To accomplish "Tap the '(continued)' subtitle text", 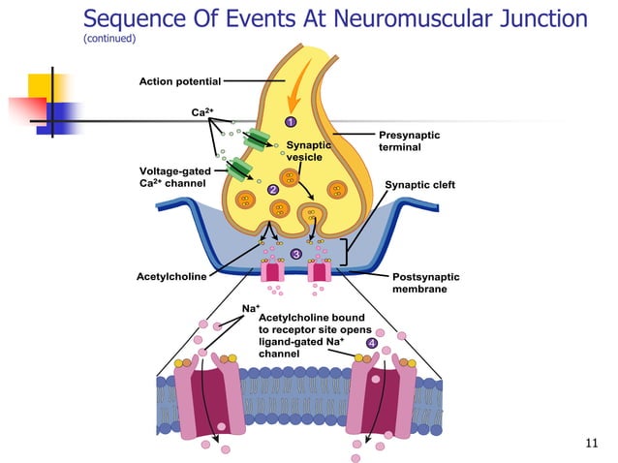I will [x=109, y=40].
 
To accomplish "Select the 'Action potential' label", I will [x=181, y=80].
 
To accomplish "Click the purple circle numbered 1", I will [x=289, y=122].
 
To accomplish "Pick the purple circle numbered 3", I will [x=295, y=254].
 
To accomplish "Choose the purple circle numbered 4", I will [x=371, y=343].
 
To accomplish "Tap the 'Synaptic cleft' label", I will [x=419, y=184].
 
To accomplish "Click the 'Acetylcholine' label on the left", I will [x=173, y=276].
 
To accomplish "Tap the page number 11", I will [x=594, y=444].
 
